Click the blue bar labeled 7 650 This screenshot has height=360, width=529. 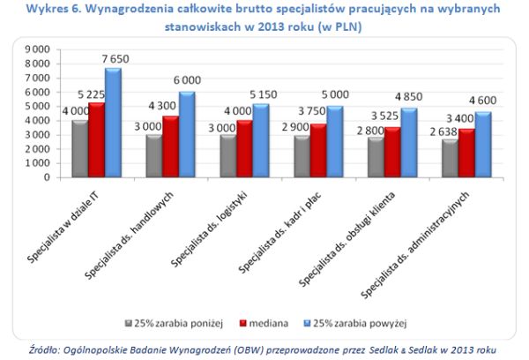[x=111, y=122]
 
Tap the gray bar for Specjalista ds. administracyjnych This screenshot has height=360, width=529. [x=450, y=158]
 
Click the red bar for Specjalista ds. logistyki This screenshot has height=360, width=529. [x=243, y=148]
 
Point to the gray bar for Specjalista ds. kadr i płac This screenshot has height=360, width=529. [x=302, y=156]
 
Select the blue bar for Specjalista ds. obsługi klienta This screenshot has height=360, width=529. [x=408, y=142]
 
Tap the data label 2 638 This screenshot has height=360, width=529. [x=442, y=131]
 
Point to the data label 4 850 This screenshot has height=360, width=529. [x=412, y=98]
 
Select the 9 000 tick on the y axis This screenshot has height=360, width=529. [x=39, y=49]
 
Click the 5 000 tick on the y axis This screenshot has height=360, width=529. [x=39, y=106]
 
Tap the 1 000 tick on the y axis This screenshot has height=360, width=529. [x=39, y=163]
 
